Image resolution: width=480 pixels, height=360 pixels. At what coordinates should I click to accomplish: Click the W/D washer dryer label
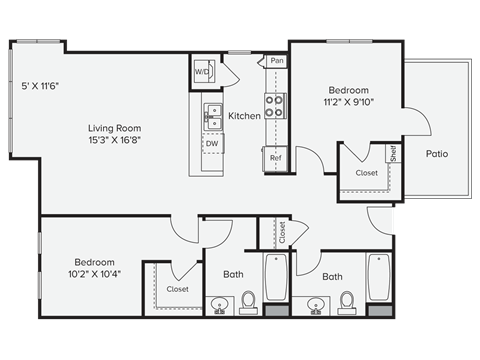click(202, 72)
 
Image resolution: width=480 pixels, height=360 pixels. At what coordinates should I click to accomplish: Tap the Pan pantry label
click(276, 61)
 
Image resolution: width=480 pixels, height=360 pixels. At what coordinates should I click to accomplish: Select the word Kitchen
click(244, 116)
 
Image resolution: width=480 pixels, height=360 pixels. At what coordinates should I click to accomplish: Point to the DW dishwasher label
click(212, 144)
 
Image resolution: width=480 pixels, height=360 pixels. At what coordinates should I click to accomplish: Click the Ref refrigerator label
click(275, 157)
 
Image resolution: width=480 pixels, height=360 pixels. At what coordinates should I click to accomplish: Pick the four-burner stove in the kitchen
click(275, 106)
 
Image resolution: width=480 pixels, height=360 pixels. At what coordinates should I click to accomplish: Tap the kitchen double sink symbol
click(212, 115)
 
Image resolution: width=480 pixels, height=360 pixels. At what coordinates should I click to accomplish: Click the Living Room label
click(114, 128)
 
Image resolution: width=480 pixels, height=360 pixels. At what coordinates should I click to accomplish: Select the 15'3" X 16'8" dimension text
click(114, 141)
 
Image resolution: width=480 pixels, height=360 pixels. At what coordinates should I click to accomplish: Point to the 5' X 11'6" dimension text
click(41, 86)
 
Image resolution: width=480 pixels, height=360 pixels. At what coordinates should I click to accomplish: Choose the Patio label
click(436, 154)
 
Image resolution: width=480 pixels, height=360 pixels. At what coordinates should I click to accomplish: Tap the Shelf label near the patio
click(393, 154)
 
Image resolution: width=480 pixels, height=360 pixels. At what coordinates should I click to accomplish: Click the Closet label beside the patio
click(366, 173)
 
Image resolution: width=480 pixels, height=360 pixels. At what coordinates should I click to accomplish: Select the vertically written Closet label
click(282, 233)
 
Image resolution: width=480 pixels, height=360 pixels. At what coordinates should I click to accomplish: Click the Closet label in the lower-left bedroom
click(177, 289)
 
